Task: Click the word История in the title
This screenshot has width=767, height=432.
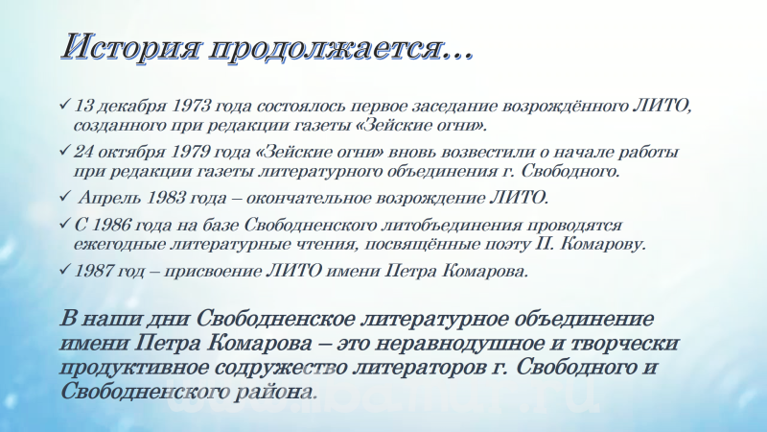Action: pos(131,48)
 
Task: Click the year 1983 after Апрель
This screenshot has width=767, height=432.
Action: pos(166,198)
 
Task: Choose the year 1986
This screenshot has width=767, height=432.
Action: pos(111,225)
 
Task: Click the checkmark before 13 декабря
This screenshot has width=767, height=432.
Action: pos(64,105)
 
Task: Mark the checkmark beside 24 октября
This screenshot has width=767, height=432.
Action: pos(64,151)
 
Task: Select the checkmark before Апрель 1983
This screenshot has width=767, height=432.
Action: pos(64,197)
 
